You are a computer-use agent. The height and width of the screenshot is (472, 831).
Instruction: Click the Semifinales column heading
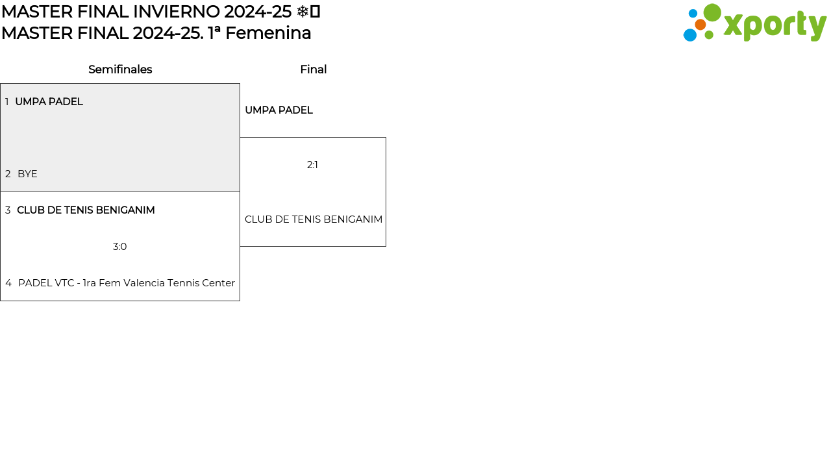[120, 69]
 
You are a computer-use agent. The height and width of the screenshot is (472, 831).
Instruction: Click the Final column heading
[314, 69]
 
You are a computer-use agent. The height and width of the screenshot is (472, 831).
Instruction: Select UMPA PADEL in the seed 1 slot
[49, 102]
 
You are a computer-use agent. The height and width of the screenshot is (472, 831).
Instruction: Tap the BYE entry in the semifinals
[27, 173]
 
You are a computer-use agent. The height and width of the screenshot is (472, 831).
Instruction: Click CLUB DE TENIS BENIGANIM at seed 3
[86, 210]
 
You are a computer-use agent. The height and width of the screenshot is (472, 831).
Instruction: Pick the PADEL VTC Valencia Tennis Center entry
[127, 283]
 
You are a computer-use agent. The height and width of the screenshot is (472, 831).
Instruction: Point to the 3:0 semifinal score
[120, 247]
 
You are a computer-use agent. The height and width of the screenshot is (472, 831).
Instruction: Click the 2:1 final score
[312, 165]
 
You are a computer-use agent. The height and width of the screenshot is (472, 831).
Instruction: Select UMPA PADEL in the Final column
[279, 110]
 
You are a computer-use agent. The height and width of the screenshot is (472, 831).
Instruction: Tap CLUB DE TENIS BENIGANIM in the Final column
[314, 219]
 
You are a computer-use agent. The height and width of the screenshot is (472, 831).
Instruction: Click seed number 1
[6, 102]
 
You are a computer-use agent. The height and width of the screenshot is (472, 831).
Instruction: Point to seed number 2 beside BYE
[8, 173]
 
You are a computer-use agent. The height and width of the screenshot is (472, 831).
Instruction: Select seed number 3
[8, 210]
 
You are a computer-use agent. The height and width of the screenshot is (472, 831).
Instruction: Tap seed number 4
[8, 283]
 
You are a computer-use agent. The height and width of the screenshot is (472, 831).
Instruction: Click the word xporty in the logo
[775, 25]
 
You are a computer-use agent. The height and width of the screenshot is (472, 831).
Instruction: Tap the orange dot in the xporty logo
[701, 25]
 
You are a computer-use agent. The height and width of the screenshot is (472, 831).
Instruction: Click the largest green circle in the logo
[712, 12]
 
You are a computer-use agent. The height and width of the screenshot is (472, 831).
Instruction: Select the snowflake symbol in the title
[303, 12]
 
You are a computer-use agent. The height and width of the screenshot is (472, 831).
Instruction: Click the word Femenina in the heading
[268, 33]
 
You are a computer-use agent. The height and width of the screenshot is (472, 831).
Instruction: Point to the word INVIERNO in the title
[176, 12]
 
